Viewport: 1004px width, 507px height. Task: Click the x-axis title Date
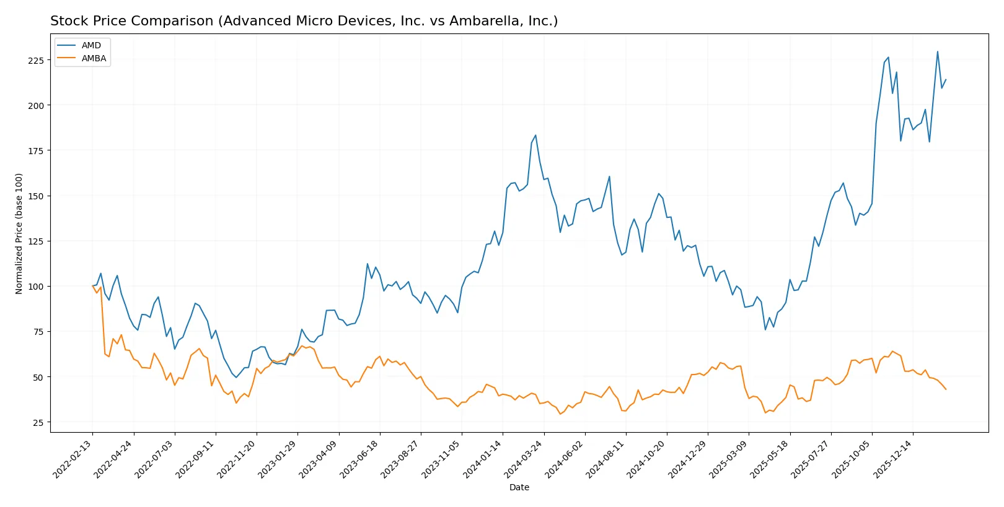519,487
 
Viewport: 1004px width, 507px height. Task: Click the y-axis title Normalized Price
19,233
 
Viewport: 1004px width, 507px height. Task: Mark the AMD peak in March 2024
535,135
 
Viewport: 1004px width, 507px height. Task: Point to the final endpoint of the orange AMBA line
946,389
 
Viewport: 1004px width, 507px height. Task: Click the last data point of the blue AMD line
946,79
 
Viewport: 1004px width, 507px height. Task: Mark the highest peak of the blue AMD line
938,51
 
